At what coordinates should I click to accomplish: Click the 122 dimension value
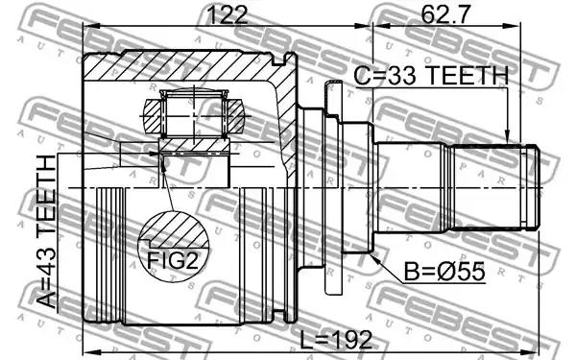click(228, 15)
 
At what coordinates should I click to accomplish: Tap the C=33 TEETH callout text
click(430, 76)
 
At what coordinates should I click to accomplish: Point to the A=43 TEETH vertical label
click(48, 232)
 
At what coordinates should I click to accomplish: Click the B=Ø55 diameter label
click(444, 272)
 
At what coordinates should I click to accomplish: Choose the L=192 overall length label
click(336, 340)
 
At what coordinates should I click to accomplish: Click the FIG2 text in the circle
click(173, 260)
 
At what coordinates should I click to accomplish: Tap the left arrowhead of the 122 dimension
click(90, 26)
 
